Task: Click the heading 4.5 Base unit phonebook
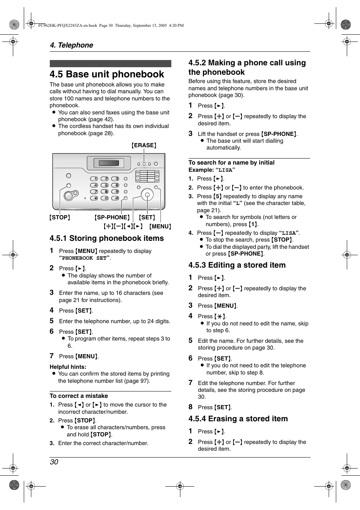tap(107, 74)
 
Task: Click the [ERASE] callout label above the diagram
tap(144, 145)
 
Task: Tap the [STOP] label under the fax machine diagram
tap(60, 217)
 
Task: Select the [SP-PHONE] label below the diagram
tap(112, 217)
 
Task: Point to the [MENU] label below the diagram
tap(160, 226)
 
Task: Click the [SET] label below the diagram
tap(147, 217)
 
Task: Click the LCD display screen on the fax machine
tap(109, 163)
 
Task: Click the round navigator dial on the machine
tap(147, 195)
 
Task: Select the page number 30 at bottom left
tap(54, 462)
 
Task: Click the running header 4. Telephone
tap(71, 45)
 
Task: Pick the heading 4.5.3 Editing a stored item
tap(237, 265)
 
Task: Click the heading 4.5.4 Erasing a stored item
tap(238, 419)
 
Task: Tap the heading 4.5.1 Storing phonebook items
tap(107, 238)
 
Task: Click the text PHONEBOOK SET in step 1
tap(85, 258)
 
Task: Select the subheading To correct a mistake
tap(79, 396)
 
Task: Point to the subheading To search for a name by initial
tap(231, 163)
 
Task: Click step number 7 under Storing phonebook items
tap(52, 356)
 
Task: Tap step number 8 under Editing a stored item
tap(191, 407)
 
